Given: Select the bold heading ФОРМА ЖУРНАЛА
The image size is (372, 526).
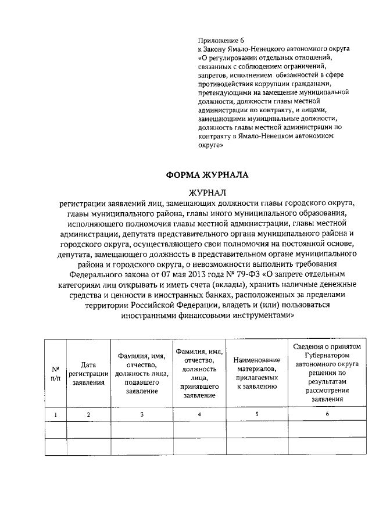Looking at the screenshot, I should (x=207, y=174).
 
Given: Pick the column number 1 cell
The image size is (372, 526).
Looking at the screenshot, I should (x=56, y=414).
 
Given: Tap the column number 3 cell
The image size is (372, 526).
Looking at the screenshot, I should (x=142, y=414).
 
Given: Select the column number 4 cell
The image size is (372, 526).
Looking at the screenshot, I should (x=199, y=414).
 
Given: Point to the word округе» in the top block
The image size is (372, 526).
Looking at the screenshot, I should (x=211, y=146).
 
